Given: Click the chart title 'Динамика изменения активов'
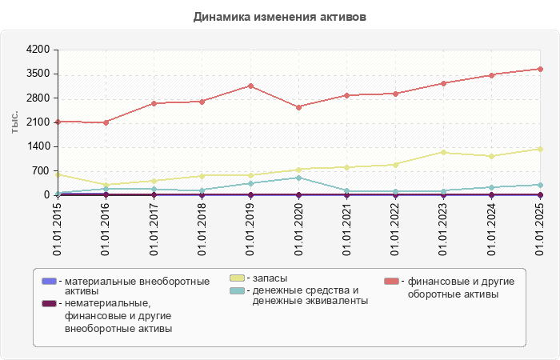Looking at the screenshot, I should pyautogui.click(x=280, y=17).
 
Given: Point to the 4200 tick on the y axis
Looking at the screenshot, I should pyautogui.click(x=38, y=50).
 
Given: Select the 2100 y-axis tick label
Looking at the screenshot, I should pyautogui.click(x=38, y=122).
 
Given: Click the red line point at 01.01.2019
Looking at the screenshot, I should pyautogui.click(x=250, y=86).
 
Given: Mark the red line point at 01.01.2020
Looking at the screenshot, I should pyautogui.click(x=298, y=107).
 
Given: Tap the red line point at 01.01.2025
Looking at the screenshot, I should pyautogui.click(x=540, y=69).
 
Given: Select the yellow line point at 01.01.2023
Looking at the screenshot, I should pyautogui.click(x=443, y=152).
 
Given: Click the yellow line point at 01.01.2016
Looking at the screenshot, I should pyautogui.click(x=106, y=186).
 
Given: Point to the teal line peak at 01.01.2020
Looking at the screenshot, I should pyautogui.click(x=298, y=178).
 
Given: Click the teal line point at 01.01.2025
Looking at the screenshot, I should pyautogui.click(x=540, y=185).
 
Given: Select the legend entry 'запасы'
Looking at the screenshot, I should pyautogui.click(x=270, y=278).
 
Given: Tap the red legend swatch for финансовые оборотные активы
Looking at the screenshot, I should pyautogui.click(x=391, y=282).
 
